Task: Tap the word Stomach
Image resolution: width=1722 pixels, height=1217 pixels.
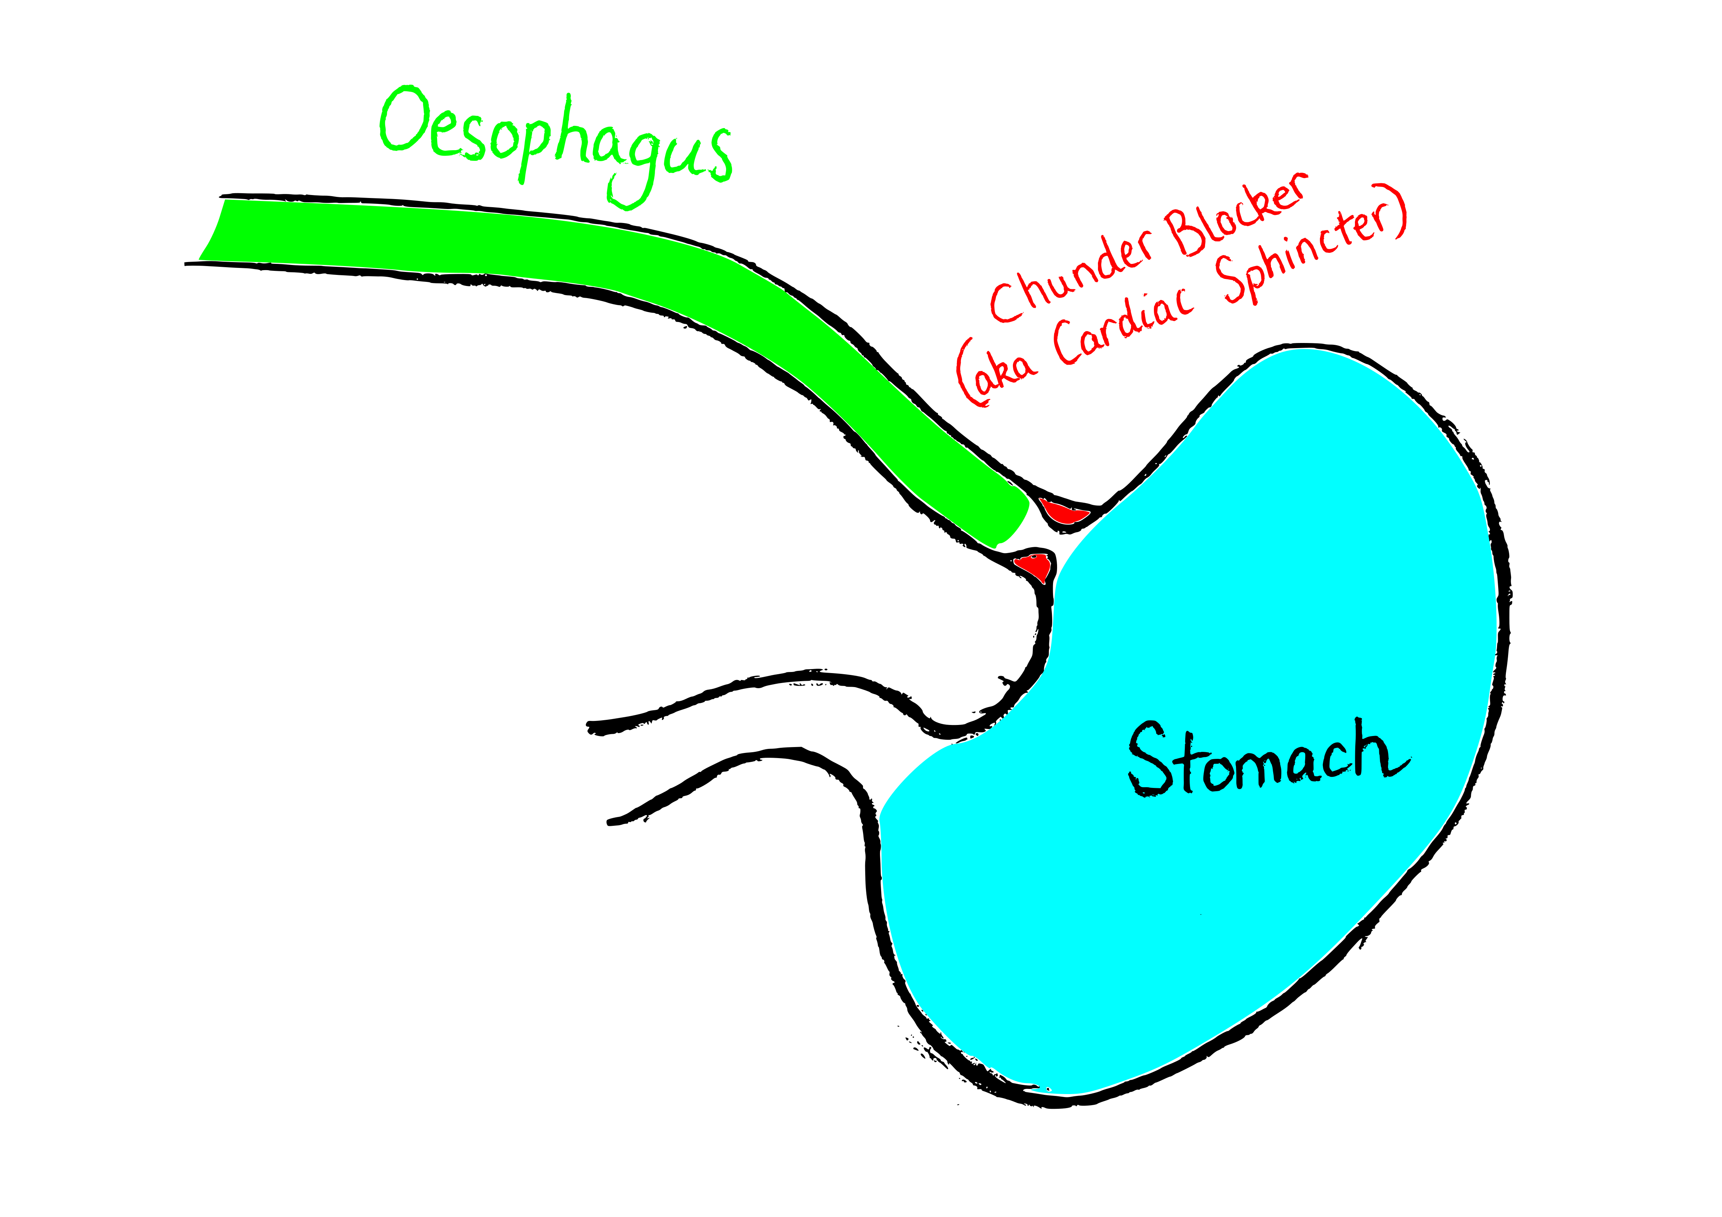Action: point(1268,757)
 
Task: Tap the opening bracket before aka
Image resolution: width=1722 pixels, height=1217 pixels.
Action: point(968,375)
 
